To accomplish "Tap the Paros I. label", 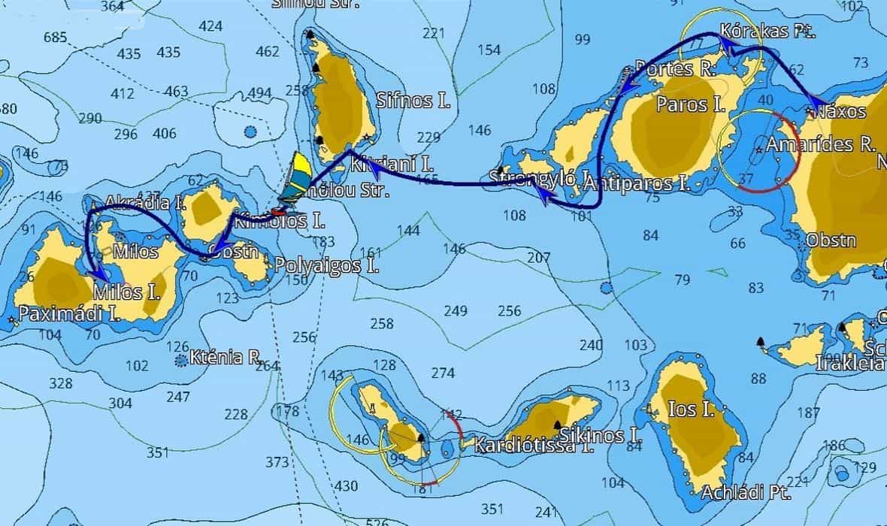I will click(683, 104).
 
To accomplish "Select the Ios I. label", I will click(691, 410).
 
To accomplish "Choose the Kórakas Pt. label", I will click(767, 32).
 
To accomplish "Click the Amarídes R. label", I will click(822, 144).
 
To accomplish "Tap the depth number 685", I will click(56, 38).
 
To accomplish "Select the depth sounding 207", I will click(539, 258).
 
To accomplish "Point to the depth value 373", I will click(277, 461).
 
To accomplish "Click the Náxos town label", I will click(841, 112).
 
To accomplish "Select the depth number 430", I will click(347, 485).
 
